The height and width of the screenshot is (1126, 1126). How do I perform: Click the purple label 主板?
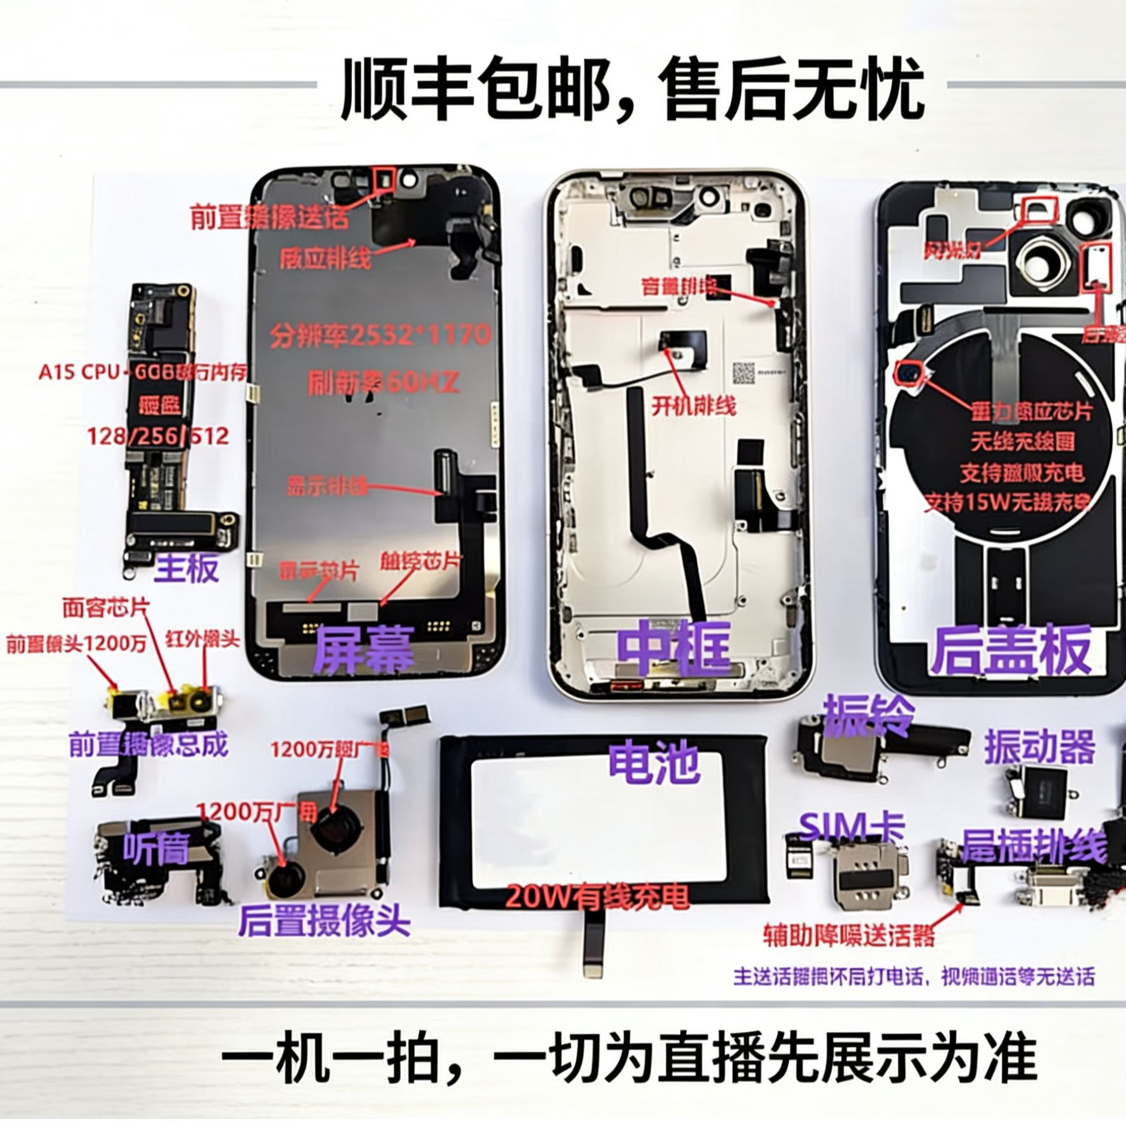click(x=187, y=567)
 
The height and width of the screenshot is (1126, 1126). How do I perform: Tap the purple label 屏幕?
click(x=365, y=647)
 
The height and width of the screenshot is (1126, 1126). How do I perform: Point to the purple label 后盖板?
click(x=1011, y=650)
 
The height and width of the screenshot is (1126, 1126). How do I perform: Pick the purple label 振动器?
click(x=1040, y=747)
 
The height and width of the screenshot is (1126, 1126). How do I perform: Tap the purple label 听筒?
click(x=156, y=848)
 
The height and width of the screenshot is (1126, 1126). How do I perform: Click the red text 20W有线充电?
click(x=598, y=897)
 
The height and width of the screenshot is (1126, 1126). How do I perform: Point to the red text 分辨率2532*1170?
click(x=380, y=335)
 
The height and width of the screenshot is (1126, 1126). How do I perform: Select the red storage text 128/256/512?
click(x=158, y=436)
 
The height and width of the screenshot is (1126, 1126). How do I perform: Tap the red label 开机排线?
click(x=694, y=405)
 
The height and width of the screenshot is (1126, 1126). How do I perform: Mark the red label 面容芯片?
click(x=105, y=608)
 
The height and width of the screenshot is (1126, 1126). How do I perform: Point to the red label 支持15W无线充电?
click(x=1007, y=502)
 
